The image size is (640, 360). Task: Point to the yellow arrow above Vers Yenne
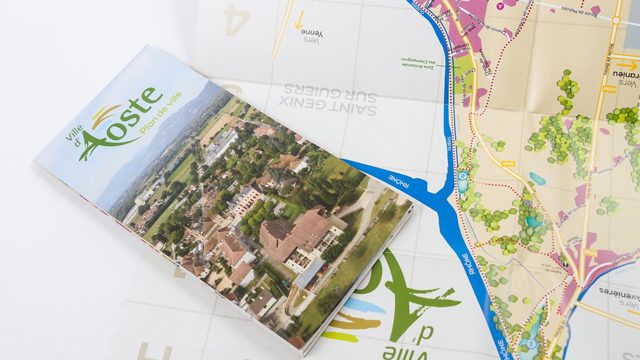click(300, 20)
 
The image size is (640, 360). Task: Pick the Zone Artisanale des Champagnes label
click(418, 63)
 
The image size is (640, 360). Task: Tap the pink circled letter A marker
click(501, 6)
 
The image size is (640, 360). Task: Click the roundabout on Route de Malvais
click(616, 20)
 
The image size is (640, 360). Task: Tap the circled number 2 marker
click(463, 176)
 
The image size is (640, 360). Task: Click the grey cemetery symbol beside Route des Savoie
click(528, 203)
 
